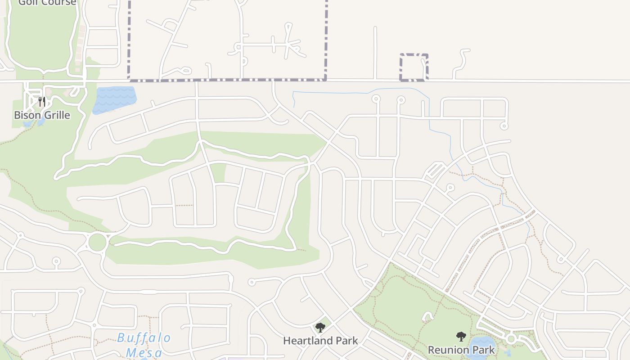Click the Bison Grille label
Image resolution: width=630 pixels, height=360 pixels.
42,115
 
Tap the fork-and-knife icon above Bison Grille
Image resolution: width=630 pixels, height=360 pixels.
42,101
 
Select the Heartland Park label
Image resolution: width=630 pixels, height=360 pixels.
320,341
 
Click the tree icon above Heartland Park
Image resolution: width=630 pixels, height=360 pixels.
320,328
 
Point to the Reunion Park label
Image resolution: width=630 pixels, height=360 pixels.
461,350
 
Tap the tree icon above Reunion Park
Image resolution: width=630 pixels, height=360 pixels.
461,336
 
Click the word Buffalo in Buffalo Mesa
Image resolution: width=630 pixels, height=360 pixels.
144,338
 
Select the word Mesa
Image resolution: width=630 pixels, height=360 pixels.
144,352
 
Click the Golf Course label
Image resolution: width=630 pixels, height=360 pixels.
47,3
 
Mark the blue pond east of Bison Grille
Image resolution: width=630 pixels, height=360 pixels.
115,99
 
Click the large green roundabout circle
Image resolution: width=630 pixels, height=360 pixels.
97,243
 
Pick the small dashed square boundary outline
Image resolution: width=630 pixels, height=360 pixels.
414,67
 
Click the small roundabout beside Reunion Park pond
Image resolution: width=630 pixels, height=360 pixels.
510,338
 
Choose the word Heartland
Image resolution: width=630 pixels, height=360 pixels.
307,341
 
